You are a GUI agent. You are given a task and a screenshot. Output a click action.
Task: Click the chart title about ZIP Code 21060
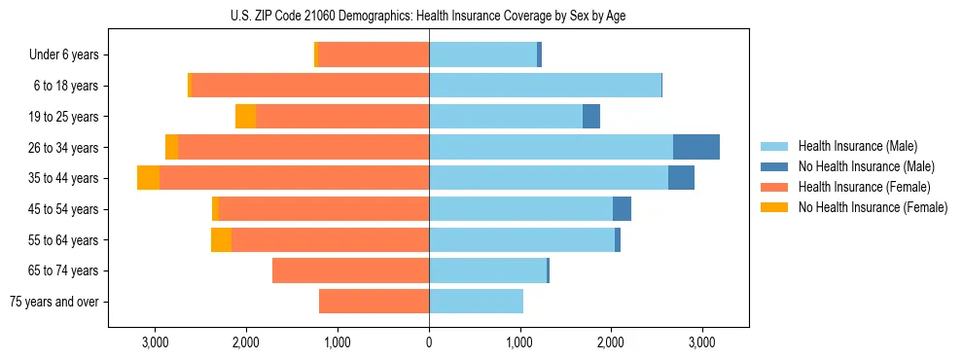click(x=429, y=15)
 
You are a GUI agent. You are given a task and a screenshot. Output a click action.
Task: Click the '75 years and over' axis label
click(x=54, y=302)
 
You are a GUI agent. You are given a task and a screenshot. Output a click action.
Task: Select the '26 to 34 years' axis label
click(x=65, y=148)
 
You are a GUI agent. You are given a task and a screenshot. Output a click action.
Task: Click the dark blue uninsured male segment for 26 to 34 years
click(x=696, y=147)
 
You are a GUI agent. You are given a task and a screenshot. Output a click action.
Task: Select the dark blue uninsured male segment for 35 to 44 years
click(x=681, y=178)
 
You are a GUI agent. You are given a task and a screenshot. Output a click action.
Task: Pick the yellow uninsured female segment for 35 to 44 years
click(x=148, y=178)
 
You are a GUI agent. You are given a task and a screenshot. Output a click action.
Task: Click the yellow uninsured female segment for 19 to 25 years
click(x=245, y=117)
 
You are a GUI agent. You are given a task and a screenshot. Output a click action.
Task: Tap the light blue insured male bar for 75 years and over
click(x=476, y=302)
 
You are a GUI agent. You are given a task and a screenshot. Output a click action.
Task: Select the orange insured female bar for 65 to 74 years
click(x=350, y=270)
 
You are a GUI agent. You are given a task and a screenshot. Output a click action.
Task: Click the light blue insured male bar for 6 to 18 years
click(x=545, y=86)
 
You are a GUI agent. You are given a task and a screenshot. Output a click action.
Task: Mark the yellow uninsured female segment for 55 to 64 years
click(x=221, y=240)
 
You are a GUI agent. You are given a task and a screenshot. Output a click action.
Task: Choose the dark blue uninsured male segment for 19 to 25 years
click(x=591, y=117)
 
